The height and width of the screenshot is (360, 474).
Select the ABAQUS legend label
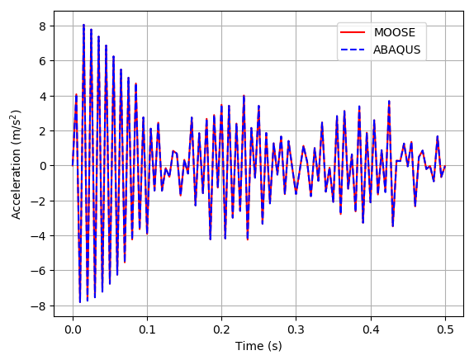pyautogui.click(x=397, y=50)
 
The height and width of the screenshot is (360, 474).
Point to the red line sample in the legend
pyautogui.click(x=353, y=32)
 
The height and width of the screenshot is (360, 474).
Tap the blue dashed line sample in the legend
pyautogui.click(x=353, y=50)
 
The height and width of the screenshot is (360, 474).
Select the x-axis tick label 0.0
pyautogui.click(x=73, y=329)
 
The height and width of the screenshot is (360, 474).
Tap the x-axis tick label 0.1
pyautogui.click(x=147, y=329)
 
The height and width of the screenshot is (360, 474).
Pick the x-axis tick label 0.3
pyautogui.click(x=296, y=329)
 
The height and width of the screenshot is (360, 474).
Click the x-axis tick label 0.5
pyautogui.click(x=444, y=329)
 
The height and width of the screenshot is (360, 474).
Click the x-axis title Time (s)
pyautogui.click(x=258, y=345)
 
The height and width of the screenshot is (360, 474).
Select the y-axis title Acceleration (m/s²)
pyautogui.click(x=17, y=165)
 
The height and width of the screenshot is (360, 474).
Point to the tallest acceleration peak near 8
pyautogui.click(x=83, y=26)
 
